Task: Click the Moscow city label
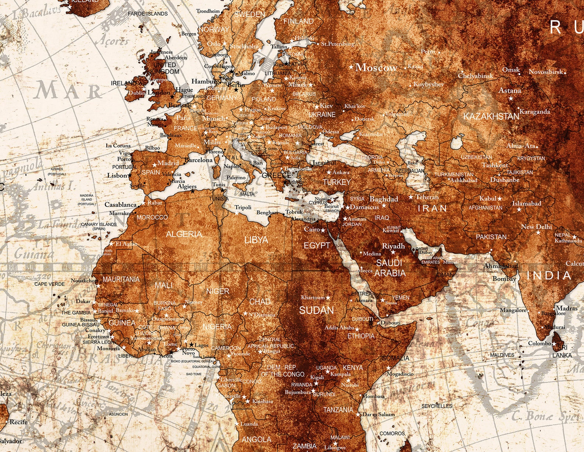[376, 68]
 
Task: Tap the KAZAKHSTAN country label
[491, 116]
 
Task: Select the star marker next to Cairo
[323, 231]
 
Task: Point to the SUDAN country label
[316, 310]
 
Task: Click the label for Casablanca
[121, 204]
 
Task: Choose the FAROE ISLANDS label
[147, 14]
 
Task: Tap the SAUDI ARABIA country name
[389, 268]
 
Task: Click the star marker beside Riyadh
[393, 252]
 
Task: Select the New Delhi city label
[536, 227]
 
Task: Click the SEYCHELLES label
[437, 406]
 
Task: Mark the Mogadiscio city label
[400, 374]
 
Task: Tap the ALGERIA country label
[184, 234]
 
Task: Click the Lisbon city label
[117, 175]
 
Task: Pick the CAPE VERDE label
[50, 284]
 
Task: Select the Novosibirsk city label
[546, 72]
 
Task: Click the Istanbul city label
[324, 163]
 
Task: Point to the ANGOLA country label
[256, 439]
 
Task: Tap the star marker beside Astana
[510, 98]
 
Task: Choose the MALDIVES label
[502, 355]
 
